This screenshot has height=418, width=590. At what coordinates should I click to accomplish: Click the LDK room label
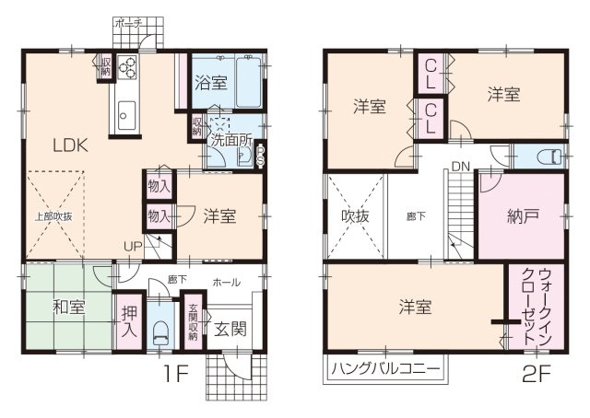point(69,145)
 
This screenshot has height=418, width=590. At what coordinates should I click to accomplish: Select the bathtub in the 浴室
point(249,82)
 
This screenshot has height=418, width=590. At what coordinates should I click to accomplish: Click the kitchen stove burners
point(127,67)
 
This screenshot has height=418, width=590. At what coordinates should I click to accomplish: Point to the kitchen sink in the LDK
point(126,115)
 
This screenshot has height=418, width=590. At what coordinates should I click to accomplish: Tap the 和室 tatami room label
point(68,308)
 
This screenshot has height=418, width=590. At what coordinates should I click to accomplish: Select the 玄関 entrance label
point(230,330)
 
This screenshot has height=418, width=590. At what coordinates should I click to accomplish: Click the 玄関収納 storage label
point(194,322)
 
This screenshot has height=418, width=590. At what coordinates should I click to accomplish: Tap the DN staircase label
point(458,167)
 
